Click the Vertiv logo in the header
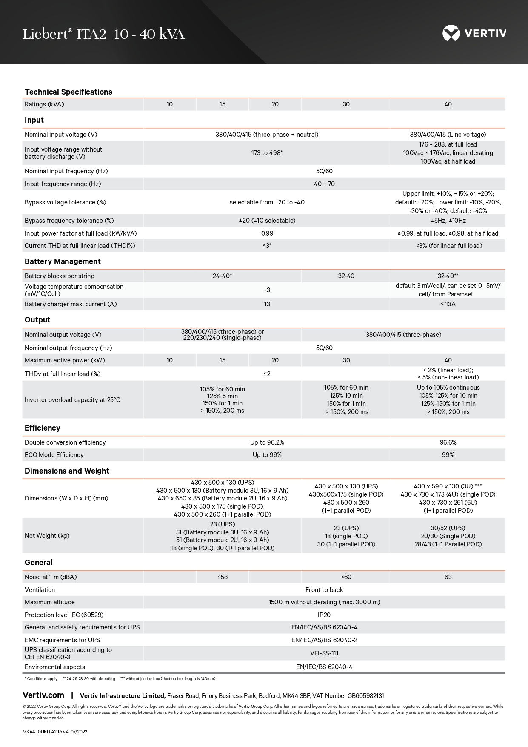(x=474, y=33)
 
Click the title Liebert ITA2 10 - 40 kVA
(x=104, y=34)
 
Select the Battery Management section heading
(x=63, y=261)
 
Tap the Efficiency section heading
(x=43, y=428)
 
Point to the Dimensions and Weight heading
(x=67, y=471)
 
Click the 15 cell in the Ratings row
(x=223, y=104)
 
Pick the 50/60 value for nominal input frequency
(x=324, y=171)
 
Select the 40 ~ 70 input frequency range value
(x=324, y=184)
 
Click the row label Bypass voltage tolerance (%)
(x=66, y=202)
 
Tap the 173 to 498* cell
(x=267, y=153)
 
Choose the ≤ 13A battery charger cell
(x=448, y=304)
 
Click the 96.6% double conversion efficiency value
(x=448, y=442)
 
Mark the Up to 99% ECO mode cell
(x=267, y=455)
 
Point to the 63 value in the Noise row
(x=448, y=577)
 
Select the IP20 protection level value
(x=324, y=615)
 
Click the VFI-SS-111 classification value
(x=324, y=653)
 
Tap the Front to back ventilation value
(x=324, y=590)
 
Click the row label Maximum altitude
(x=50, y=602)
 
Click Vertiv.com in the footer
(x=43, y=695)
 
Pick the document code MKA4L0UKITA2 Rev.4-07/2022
(x=55, y=732)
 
